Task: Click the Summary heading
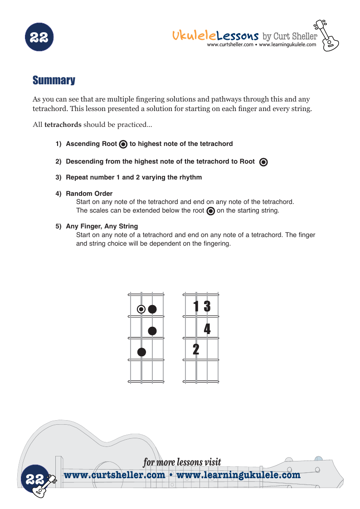[54, 81]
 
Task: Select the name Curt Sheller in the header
[295, 36]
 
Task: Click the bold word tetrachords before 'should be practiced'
[63, 125]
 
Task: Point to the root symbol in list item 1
[123, 145]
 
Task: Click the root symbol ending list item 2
[263, 162]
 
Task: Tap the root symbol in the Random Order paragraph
[210, 211]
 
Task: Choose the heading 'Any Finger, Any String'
[102, 226]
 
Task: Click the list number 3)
[58, 177]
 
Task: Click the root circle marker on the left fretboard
[141, 309]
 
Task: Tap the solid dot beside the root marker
[152, 309]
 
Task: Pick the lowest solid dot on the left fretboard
[141, 352]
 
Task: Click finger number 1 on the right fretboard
[196, 307]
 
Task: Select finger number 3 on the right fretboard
[207, 307]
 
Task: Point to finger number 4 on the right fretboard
[207, 329]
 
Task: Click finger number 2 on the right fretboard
[196, 349]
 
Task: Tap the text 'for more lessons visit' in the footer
[182, 462]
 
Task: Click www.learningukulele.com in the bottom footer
[238, 475]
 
